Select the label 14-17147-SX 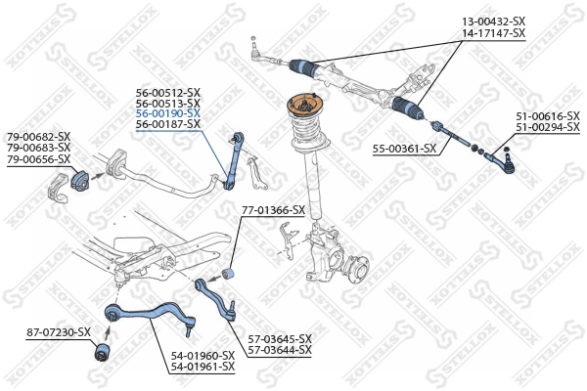click(493, 33)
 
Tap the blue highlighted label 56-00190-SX click(167, 113)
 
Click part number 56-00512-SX click(167, 92)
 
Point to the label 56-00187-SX click(167, 124)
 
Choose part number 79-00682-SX click(39, 136)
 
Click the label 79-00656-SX click(39, 158)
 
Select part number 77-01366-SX click(273, 210)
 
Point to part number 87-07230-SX click(58, 332)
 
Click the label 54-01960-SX click(203, 355)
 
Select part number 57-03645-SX click(279, 338)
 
